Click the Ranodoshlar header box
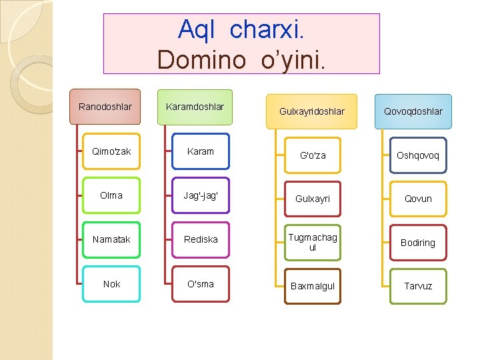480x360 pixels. tap(105, 107)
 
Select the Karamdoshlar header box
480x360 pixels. tap(195, 107)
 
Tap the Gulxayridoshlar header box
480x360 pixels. tap(313, 111)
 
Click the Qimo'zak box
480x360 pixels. tap(111, 151)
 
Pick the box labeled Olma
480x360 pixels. tap(111, 195)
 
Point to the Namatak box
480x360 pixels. tap(111, 239)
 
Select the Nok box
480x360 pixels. tap(111, 284)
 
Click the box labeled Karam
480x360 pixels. tap(201, 151)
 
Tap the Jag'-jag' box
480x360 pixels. tap(201, 195)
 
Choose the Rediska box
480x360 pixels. tap(201, 239)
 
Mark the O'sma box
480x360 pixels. tap(201, 284)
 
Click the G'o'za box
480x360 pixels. tap(313, 155)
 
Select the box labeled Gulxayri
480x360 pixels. tap(313, 199)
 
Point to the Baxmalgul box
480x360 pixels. tap(313, 286)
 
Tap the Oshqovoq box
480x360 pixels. tap(418, 155)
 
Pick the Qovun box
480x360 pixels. tap(418, 199)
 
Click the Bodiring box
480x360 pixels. tap(418, 243)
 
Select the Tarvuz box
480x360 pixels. tap(418, 286)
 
